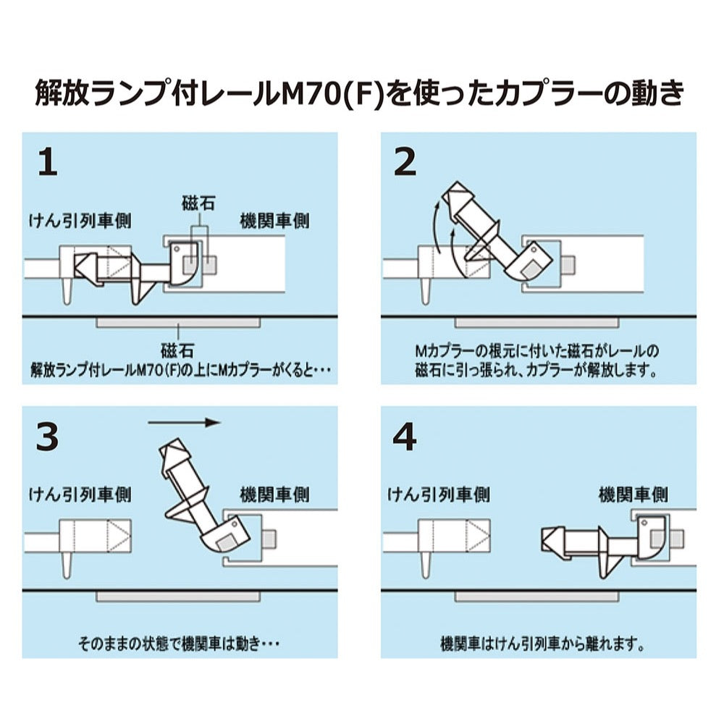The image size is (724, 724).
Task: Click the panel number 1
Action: [47, 164]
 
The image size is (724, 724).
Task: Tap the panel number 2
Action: [405, 164]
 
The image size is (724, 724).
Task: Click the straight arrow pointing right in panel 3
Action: [182, 422]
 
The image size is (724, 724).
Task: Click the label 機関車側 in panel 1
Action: [274, 221]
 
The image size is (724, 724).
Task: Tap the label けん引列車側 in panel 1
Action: [80, 221]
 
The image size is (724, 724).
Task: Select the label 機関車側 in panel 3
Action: [274, 494]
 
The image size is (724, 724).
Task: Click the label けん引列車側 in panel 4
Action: [437, 494]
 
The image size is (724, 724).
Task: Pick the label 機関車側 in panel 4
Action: [633, 494]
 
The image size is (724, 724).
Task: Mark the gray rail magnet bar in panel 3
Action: [177, 596]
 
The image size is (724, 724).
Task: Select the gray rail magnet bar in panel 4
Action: [536, 596]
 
